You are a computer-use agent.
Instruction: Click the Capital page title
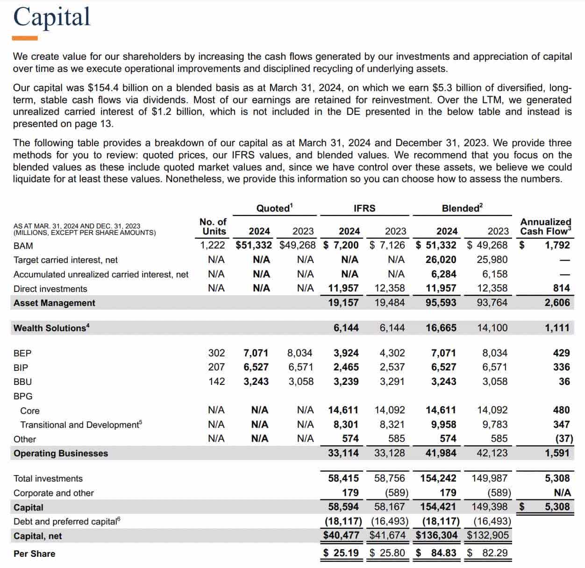(51, 17)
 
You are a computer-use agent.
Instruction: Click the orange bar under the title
(25, 38)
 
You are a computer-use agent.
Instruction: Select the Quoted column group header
(274, 208)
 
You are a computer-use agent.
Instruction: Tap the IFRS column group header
(364, 208)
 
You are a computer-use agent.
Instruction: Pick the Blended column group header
(462, 208)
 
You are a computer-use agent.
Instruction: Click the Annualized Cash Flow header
(545, 227)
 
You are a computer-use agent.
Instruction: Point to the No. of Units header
(213, 227)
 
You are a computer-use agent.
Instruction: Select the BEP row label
(22, 353)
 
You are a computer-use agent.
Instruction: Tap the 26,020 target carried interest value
(441, 260)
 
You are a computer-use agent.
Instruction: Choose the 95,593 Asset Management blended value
(441, 303)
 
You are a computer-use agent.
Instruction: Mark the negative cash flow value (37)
(564, 439)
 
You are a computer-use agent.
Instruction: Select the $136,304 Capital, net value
(436, 535)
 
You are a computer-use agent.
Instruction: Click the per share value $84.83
(437, 553)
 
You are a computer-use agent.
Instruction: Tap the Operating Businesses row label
(61, 454)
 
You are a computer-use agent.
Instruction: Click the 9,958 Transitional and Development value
(441, 425)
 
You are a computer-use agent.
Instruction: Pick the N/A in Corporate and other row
(562, 493)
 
